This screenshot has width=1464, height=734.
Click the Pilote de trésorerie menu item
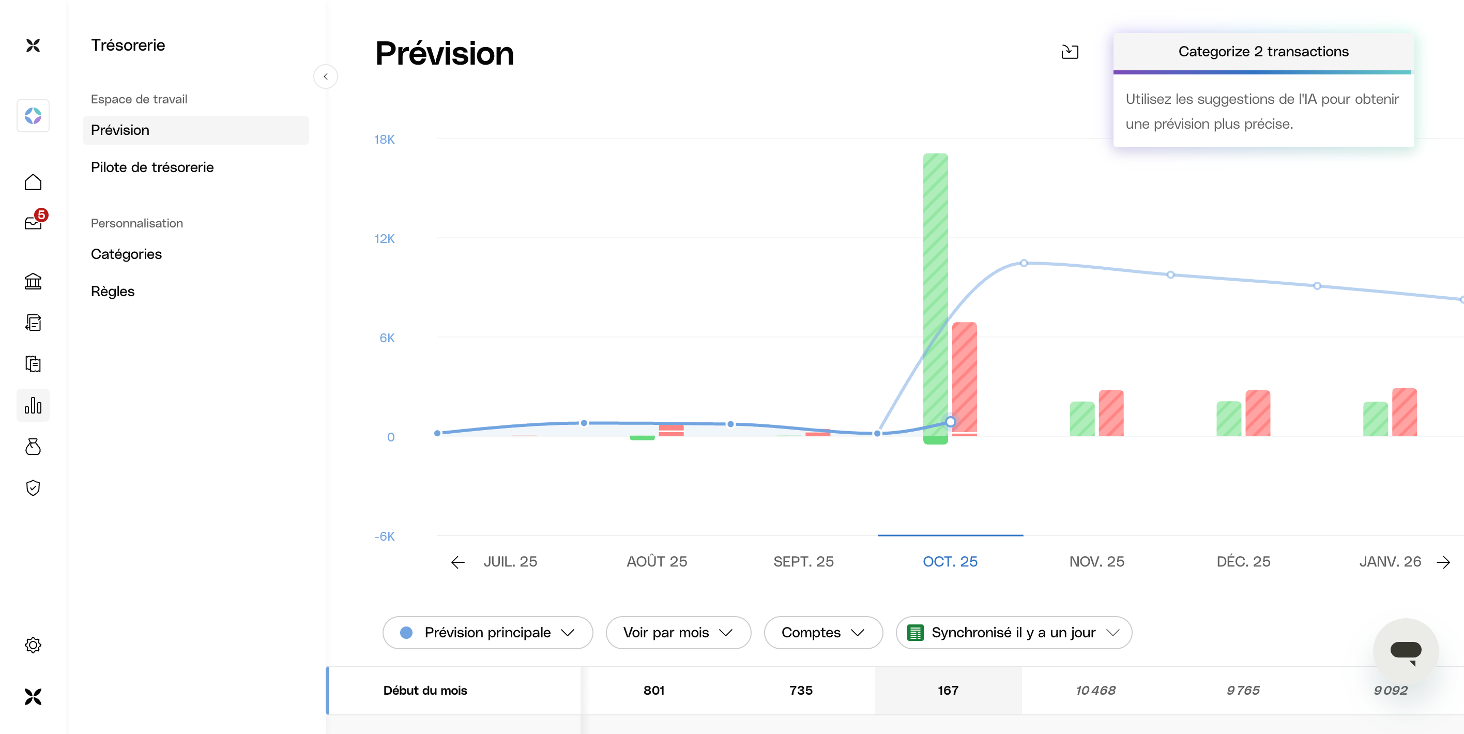pyautogui.click(x=152, y=167)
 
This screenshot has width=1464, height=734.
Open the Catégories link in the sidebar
pyautogui.click(x=126, y=254)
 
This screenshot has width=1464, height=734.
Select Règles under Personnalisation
pyautogui.click(x=113, y=292)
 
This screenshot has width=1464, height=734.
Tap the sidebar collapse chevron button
pyautogui.click(x=325, y=77)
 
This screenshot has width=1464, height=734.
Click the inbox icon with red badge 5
pyautogui.click(x=34, y=222)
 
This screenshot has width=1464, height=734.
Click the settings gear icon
pyautogui.click(x=33, y=645)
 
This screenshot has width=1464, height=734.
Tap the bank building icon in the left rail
pyautogui.click(x=33, y=281)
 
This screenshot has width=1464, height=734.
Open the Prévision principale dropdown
pyautogui.click(x=487, y=632)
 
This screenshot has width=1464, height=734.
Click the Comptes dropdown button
pyautogui.click(x=822, y=632)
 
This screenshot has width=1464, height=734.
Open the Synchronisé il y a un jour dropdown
pyautogui.click(x=1013, y=632)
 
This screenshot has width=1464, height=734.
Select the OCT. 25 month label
pyautogui.click(x=950, y=561)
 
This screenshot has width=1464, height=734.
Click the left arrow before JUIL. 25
pyautogui.click(x=457, y=562)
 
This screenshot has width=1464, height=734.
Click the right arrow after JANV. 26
pyautogui.click(x=1443, y=562)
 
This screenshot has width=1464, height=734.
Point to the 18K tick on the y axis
pyautogui.click(x=384, y=140)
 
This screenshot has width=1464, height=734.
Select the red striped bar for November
pyautogui.click(x=1110, y=413)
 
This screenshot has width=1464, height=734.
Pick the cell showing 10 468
pyautogui.click(x=1095, y=690)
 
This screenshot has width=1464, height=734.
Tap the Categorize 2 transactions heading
pyautogui.click(x=1263, y=52)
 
